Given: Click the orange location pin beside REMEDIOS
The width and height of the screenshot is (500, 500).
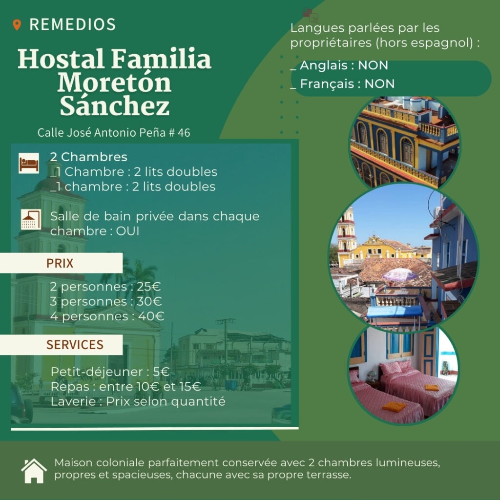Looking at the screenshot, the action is [17, 24].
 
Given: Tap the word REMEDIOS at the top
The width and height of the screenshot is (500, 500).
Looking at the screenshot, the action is [72, 24].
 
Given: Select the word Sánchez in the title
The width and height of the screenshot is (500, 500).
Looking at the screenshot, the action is [114, 105].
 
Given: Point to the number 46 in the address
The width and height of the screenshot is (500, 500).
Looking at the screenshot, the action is [184, 133].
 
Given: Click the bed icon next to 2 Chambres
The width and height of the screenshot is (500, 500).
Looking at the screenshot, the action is [29, 163].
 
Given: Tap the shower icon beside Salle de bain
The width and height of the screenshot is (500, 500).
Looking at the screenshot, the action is [31, 219].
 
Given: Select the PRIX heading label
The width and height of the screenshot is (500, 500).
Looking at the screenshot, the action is [60, 263].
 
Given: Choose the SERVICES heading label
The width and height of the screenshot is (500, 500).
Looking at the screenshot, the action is [75, 345].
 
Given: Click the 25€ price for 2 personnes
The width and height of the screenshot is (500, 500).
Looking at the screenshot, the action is [148, 287].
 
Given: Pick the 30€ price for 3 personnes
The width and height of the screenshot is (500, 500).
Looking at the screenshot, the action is [149, 301].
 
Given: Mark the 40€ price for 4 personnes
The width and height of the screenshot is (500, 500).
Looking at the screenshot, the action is [151, 316].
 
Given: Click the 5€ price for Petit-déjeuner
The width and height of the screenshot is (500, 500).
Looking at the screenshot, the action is [161, 372].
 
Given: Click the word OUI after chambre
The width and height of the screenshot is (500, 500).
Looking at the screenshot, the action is [127, 231].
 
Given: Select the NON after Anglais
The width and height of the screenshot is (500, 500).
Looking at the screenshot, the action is [373, 65].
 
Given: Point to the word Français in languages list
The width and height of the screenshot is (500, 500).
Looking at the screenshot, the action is [327, 84].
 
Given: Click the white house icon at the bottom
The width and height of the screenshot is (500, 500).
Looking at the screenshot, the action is [34, 471].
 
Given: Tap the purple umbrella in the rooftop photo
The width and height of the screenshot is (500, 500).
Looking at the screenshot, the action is [399, 274].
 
